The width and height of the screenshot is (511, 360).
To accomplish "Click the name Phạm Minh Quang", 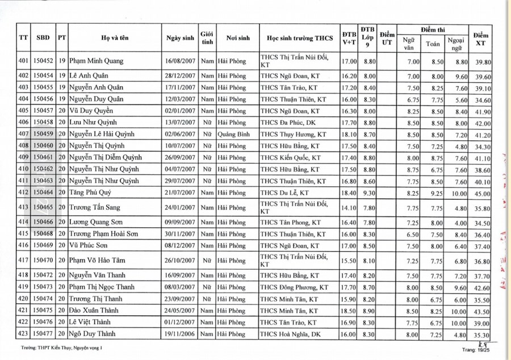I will point(97,61).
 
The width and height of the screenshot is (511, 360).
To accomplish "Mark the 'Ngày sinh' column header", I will point(180,38).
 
